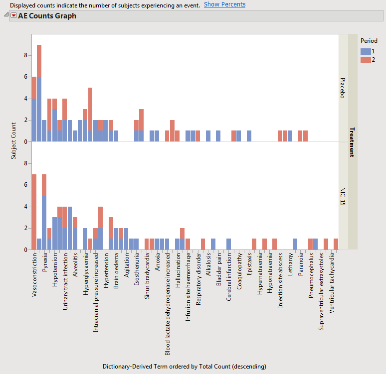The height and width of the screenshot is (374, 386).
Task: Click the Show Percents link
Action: [224, 4]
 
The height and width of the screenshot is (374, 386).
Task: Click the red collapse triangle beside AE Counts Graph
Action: [13, 16]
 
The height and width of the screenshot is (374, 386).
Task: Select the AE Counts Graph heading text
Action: [47, 16]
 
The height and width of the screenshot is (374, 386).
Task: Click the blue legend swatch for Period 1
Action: [366, 51]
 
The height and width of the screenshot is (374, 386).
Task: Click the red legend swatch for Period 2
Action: [366, 60]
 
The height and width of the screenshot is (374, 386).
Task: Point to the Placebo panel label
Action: [343, 88]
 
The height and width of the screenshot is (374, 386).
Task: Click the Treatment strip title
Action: [352, 141]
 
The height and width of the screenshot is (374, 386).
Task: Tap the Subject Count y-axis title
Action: [13, 141]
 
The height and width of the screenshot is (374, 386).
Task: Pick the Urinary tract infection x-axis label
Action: [65, 281]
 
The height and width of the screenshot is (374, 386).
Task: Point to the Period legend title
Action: [369, 41]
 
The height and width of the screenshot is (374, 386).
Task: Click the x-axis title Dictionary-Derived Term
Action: [184, 366]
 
